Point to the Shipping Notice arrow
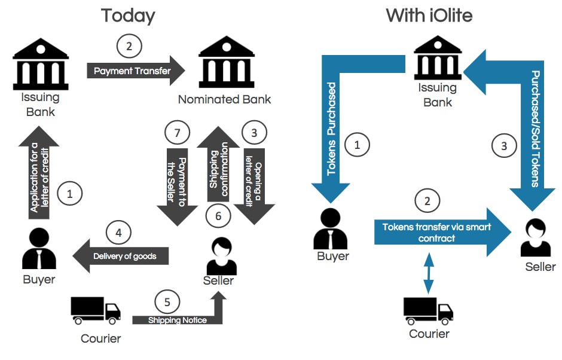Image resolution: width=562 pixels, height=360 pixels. [x=179, y=319]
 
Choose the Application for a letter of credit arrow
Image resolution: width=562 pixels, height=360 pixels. [x=39, y=176]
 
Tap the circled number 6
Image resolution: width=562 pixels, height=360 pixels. [x=218, y=215]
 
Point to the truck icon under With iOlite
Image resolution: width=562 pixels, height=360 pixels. [x=428, y=309]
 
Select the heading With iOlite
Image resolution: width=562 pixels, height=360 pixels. [x=429, y=15]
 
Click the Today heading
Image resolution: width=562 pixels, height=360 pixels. [x=128, y=15]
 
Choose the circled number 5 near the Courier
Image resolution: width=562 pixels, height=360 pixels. [x=167, y=301]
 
